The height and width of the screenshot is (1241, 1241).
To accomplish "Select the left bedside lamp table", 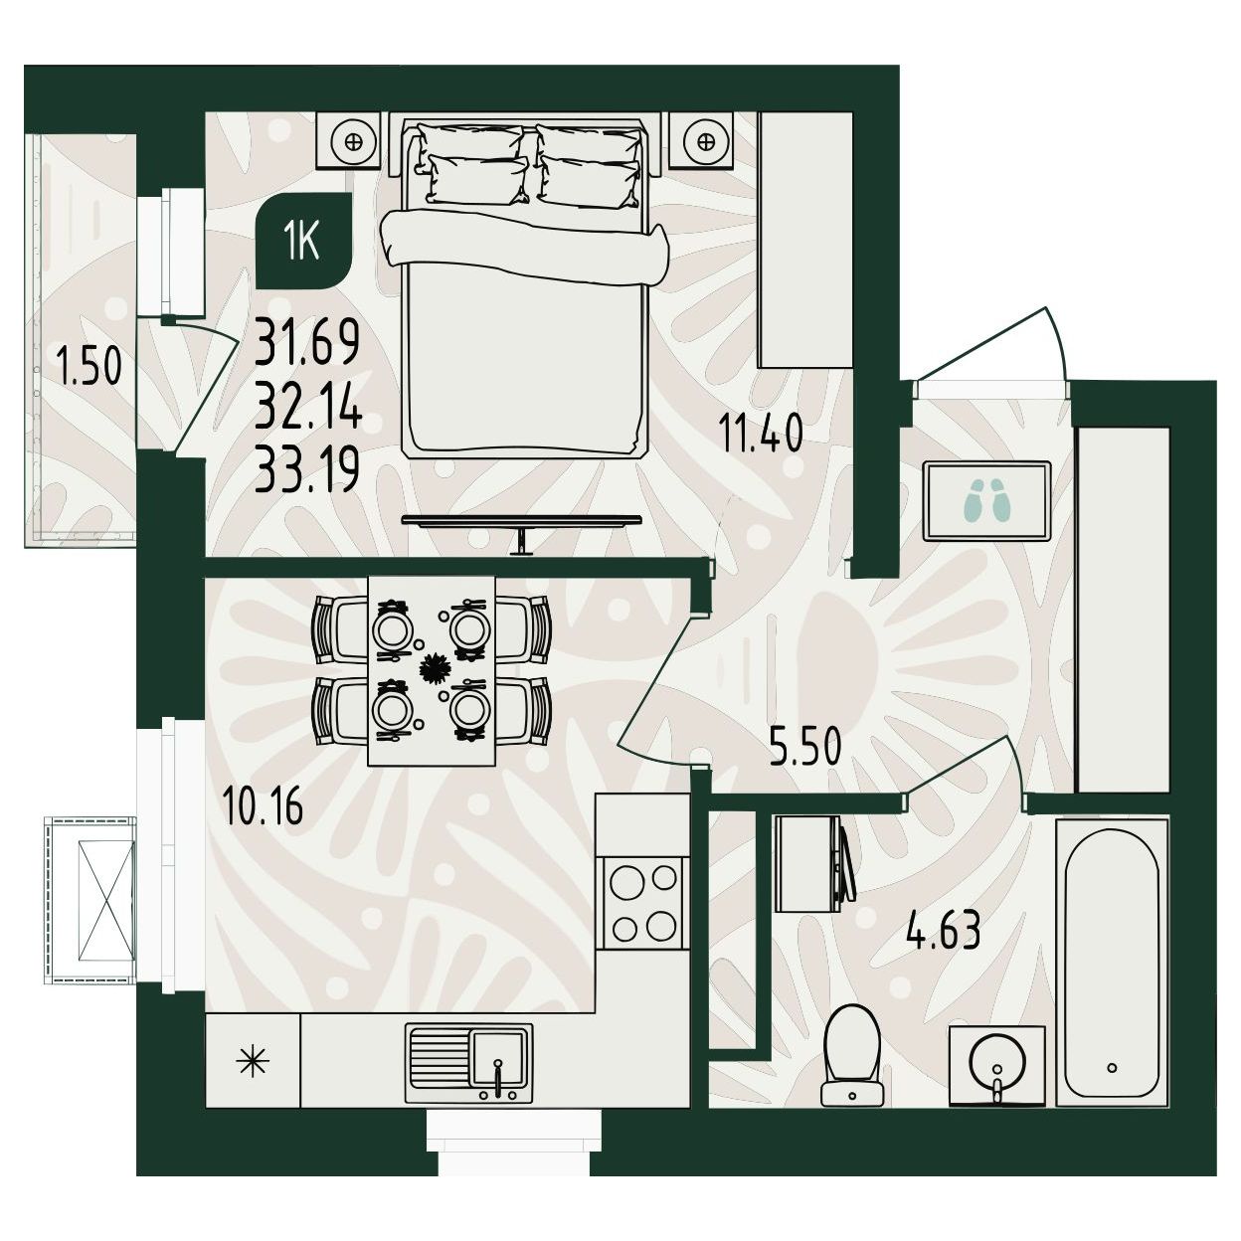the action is [x=352, y=141].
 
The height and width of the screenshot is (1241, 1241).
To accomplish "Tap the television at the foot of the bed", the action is [x=521, y=525].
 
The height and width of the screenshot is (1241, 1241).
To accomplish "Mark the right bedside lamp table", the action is [x=702, y=141].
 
